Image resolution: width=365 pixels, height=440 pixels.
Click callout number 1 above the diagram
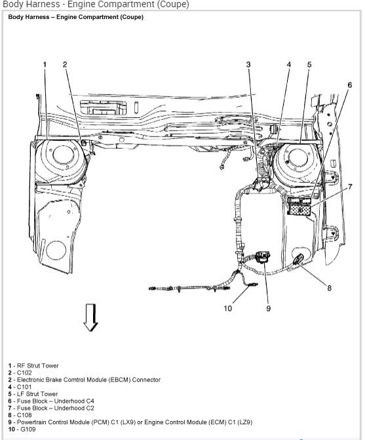coord(45,64)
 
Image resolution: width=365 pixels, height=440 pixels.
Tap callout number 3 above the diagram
coord(248,64)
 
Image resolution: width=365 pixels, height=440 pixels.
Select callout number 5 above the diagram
coord(309,64)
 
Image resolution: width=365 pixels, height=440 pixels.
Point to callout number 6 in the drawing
coord(349,85)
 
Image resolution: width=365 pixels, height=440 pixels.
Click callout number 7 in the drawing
coord(350,187)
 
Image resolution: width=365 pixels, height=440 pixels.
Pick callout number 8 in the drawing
coord(329,287)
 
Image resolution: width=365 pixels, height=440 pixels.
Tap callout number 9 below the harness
coord(268,308)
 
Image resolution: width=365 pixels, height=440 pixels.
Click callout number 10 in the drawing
coord(227,308)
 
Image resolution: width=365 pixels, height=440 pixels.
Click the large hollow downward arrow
coord(91,317)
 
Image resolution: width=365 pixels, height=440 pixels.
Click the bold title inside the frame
coord(75,17)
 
